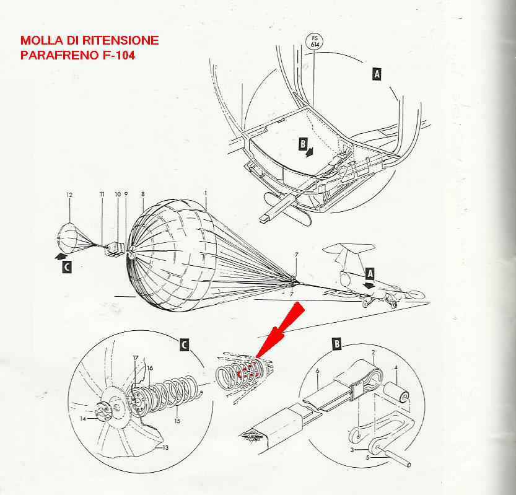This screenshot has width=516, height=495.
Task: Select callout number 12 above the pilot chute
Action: click(69, 195)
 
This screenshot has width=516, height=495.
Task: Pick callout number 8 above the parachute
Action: click(142, 194)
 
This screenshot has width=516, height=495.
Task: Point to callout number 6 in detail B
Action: click(317, 371)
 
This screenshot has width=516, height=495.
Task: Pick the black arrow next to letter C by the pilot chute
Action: click(60, 253)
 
